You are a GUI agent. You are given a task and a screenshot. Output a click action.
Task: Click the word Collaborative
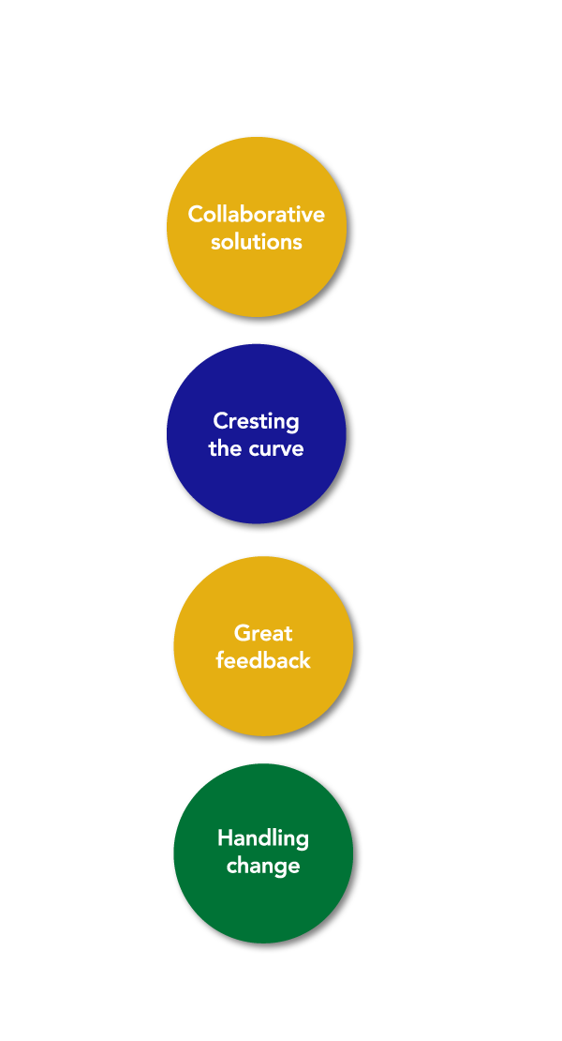257,215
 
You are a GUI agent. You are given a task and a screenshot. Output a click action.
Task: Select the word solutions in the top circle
257,242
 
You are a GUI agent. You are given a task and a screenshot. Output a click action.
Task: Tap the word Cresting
256,422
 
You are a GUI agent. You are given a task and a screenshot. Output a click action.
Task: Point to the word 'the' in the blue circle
223,448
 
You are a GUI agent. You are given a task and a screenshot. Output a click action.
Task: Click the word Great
263,633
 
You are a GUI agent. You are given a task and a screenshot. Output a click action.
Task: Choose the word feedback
263,660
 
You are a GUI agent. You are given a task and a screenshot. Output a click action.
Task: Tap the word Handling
263,839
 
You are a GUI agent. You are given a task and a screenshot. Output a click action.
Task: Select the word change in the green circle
263,867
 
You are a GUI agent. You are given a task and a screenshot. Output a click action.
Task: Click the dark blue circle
257,433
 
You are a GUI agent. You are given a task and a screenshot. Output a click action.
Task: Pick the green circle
263,853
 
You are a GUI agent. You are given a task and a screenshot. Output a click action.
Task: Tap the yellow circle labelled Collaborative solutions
257,227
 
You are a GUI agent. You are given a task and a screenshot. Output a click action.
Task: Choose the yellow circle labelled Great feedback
263,646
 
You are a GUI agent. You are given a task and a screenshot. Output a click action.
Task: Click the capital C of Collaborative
195,215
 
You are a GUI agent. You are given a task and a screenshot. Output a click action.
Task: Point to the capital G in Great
243,633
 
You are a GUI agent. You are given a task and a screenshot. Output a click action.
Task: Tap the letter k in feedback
304,660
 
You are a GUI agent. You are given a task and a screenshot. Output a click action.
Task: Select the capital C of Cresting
220,421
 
